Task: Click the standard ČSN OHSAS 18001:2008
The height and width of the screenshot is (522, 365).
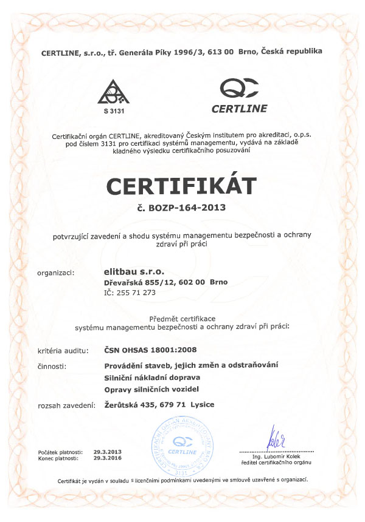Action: tap(151, 350)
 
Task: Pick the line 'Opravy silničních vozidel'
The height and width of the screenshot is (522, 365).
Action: tap(151, 389)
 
